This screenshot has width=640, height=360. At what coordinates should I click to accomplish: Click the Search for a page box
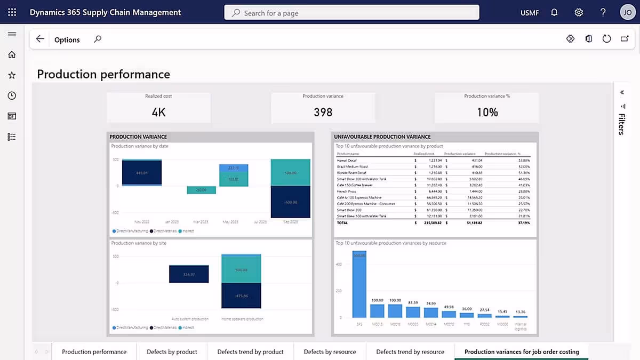pyautogui.click(x=352, y=13)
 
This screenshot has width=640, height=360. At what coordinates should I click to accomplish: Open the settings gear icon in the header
pyautogui.click(x=579, y=12)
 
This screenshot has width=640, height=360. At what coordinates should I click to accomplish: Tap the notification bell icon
pyautogui.click(x=554, y=12)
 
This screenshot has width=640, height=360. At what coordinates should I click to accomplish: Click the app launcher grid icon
pyautogui.click(x=12, y=12)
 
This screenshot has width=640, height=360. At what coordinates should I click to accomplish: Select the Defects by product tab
pyautogui.click(x=172, y=351)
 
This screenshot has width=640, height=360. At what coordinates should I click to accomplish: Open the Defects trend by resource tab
pyautogui.click(x=410, y=351)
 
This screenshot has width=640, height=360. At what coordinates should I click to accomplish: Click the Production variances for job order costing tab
pyautogui.click(x=521, y=351)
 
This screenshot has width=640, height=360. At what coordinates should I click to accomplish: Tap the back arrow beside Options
pyautogui.click(x=40, y=39)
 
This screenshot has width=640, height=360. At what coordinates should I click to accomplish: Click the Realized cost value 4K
pyautogui.click(x=158, y=112)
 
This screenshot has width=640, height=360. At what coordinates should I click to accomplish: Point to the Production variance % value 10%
pyautogui.click(x=487, y=112)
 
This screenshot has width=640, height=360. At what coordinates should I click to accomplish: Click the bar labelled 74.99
pyautogui.click(x=431, y=313)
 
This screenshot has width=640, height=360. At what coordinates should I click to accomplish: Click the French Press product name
pyautogui.click(x=347, y=191)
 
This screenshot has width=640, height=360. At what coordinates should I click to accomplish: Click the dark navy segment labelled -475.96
pyautogui.click(x=241, y=295)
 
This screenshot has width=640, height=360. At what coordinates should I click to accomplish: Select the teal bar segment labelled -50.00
pyautogui.click(x=201, y=190)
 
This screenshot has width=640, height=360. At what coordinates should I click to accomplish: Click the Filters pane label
pyautogui.click(x=621, y=124)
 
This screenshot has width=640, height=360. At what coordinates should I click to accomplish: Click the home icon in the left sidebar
pyautogui.click(x=12, y=54)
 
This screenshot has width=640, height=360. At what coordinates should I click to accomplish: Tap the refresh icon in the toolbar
pyautogui.click(x=606, y=39)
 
